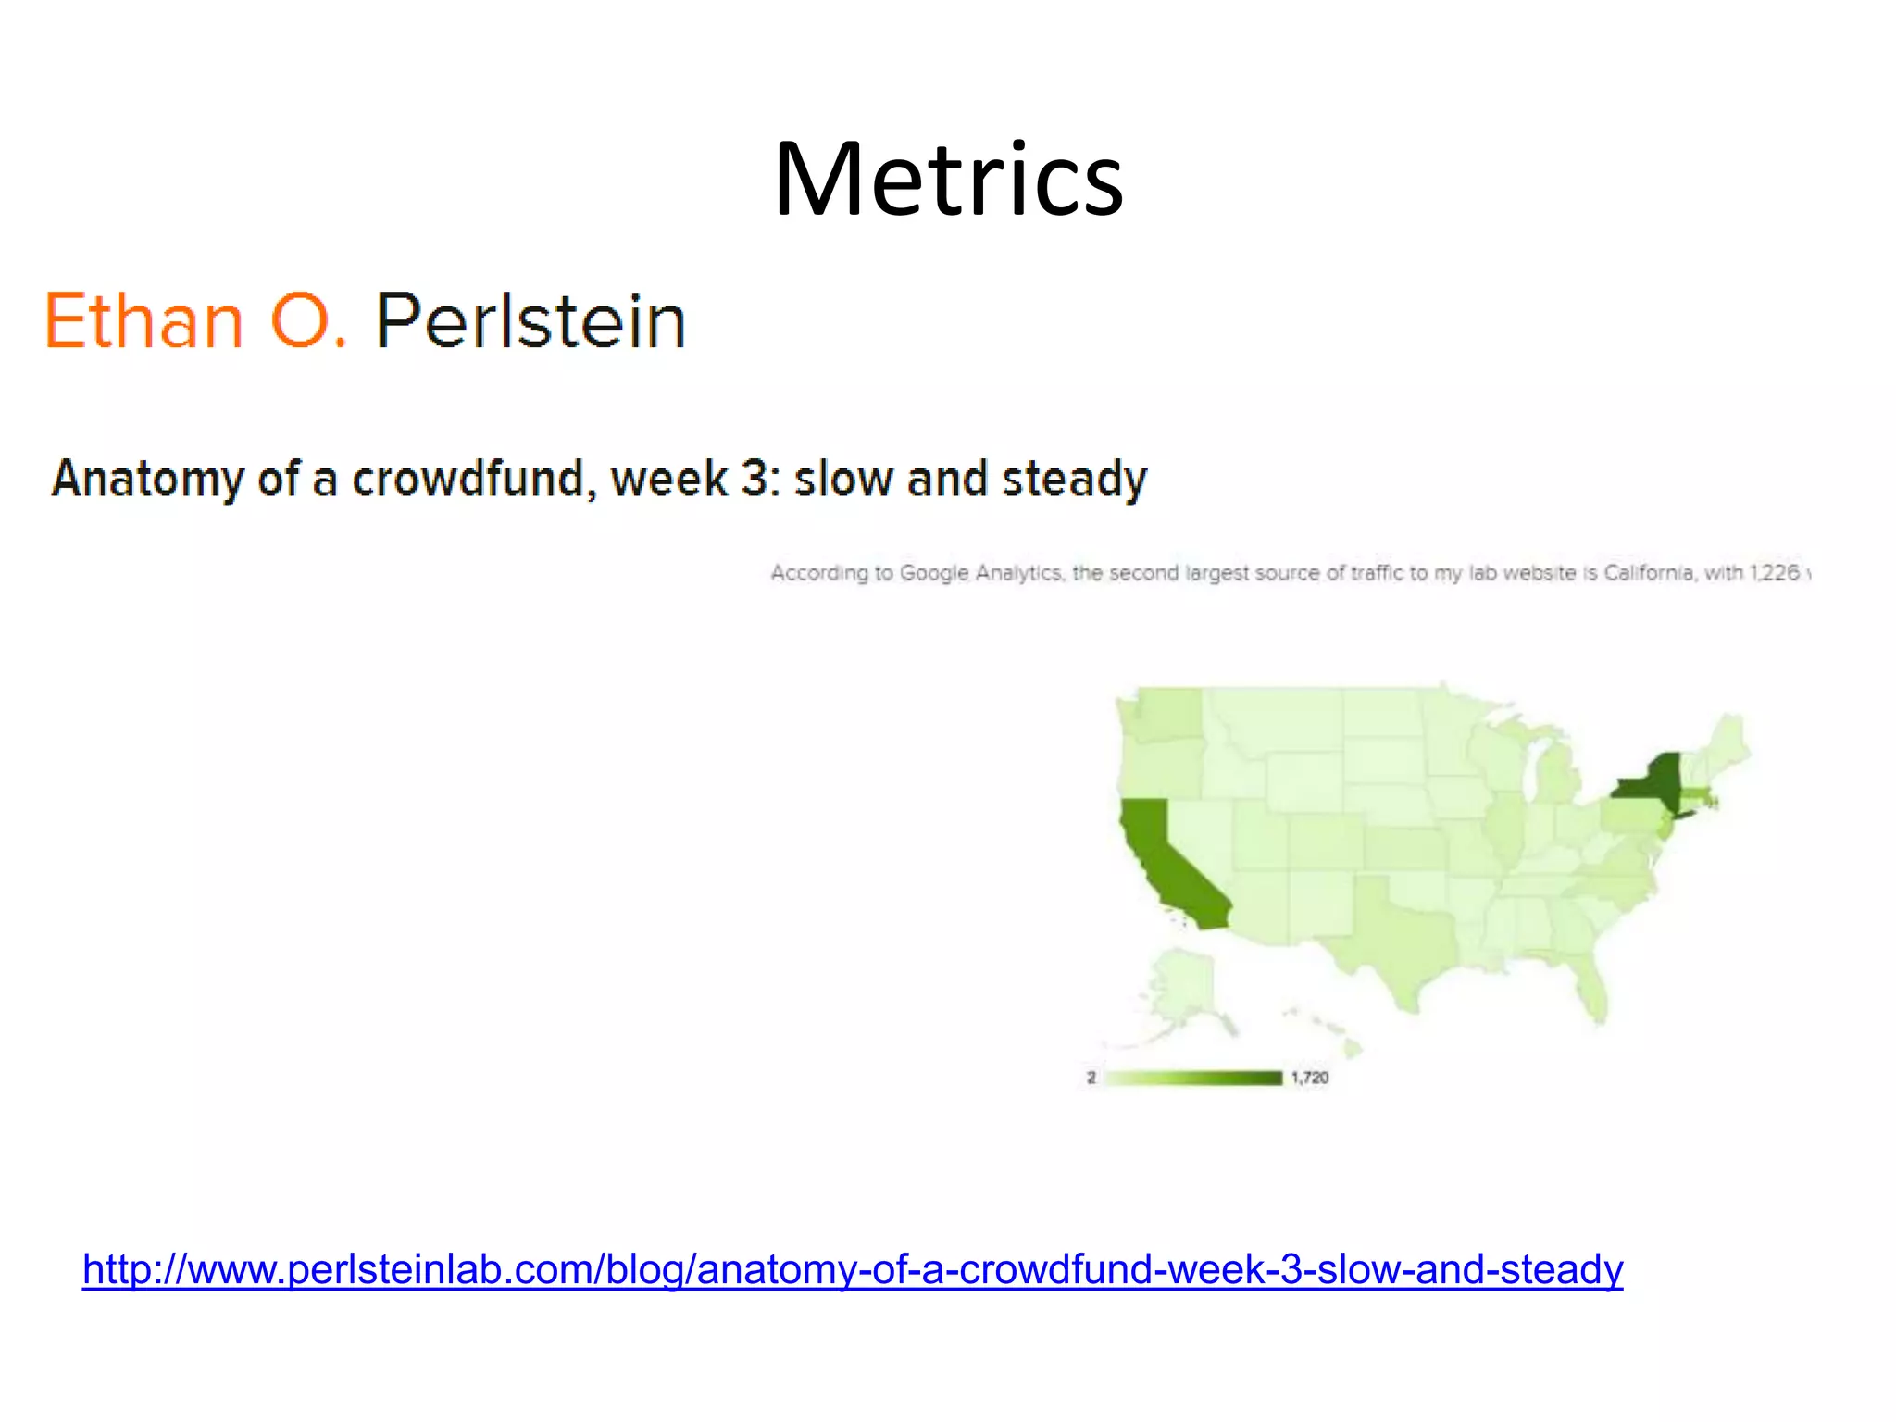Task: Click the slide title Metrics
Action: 948,179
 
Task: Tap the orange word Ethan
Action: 144,320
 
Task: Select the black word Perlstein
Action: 530,320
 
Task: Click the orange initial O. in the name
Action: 308,320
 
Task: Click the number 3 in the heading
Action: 755,479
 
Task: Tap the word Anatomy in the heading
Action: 149,480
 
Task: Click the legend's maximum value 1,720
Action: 1309,1078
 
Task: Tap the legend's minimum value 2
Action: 1091,1078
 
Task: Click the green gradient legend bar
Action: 1194,1078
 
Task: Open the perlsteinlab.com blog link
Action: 852,1269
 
